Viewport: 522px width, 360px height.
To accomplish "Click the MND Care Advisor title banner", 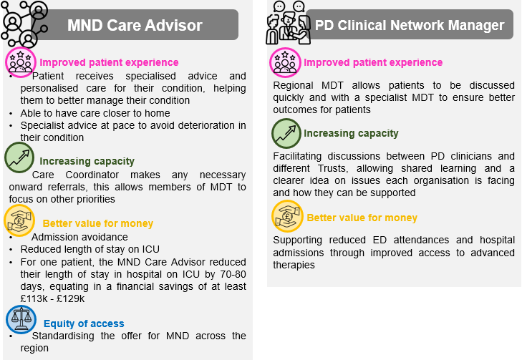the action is click(135, 25).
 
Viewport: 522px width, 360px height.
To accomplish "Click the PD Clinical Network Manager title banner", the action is click(410, 25).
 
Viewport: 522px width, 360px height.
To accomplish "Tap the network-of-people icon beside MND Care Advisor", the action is click(24, 24).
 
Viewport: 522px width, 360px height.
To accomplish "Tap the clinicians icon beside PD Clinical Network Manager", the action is click(289, 24).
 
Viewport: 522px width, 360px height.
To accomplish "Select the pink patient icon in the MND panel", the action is click(21, 62).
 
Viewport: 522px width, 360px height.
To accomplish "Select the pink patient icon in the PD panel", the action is click(285, 62).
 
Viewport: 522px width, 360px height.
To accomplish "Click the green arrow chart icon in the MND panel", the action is click(19, 157).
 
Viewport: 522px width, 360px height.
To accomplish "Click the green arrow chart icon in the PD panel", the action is click(286, 133).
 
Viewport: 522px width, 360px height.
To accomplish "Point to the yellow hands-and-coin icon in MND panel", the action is click(19, 220).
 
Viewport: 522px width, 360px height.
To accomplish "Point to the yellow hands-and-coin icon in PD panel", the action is click(287, 216).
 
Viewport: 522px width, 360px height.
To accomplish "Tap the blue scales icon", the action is click(21, 319).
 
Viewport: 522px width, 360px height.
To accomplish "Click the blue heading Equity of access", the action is click(84, 323).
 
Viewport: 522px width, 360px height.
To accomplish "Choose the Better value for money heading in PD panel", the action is click(362, 218).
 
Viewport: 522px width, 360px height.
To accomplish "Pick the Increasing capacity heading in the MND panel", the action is click(87, 161).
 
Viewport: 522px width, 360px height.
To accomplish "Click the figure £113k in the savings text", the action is click(34, 298).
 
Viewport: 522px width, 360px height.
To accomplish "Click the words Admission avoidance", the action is click(79, 237).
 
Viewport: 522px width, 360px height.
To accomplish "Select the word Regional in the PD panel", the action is click(293, 85).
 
